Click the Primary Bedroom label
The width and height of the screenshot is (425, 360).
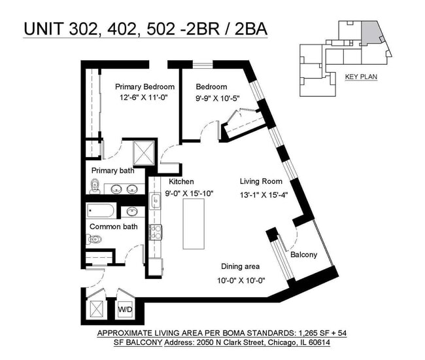click(144, 86)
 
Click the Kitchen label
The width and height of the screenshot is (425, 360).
click(181, 181)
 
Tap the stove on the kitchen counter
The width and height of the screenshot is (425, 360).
click(156, 231)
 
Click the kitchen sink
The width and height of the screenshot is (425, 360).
click(156, 201)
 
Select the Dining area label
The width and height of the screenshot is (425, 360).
click(240, 266)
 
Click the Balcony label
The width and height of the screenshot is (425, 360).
click(303, 255)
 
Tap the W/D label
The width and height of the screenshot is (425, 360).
click(124, 308)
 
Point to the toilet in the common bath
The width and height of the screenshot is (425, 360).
click(93, 240)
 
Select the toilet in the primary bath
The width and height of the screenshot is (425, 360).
click(95, 188)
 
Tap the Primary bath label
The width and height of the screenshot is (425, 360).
click(112, 171)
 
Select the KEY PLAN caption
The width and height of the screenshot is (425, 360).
click(360, 77)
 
